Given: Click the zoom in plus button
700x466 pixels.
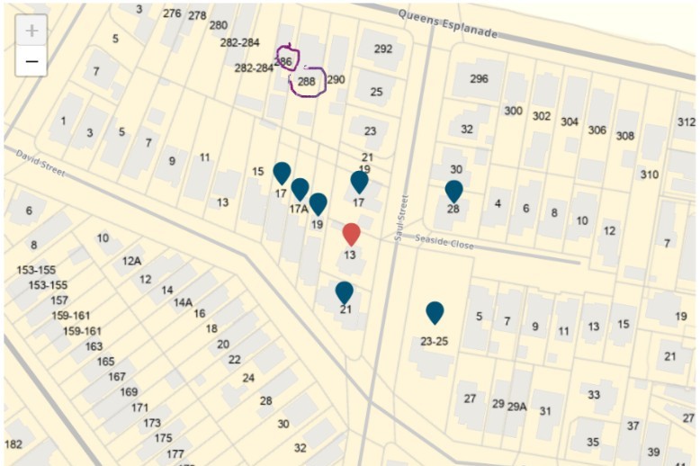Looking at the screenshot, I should pyautogui.click(x=31, y=31).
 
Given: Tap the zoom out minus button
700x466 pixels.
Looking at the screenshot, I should pyautogui.click(x=31, y=61).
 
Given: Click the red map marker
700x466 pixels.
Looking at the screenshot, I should pyautogui.click(x=352, y=234).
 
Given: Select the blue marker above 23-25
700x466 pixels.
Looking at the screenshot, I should pyautogui.click(x=435, y=312).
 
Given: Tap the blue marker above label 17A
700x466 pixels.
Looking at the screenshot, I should pyautogui.click(x=300, y=189).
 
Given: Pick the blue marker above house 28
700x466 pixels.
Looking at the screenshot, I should pyautogui.click(x=453, y=191).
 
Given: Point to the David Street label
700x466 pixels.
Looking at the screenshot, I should pyautogui.click(x=40, y=163).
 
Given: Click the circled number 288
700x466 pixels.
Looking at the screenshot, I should pyautogui.click(x=307, y=82).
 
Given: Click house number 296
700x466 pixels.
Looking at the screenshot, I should pyautogui.click(x=479, y=78).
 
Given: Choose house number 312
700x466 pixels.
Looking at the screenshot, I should pyautogui.click(x=687, y=121).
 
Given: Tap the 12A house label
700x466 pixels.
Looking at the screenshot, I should pyautogui.click(x=131, y=261).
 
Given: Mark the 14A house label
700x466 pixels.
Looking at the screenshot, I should pyautogui.click(x=183, y=302).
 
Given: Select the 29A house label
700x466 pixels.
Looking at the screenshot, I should pyautogui.click(x=516, y=407).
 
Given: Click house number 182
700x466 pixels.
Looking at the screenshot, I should pyautogui.click(x=13, y=444).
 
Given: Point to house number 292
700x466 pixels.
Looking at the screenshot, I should pyautogui.click(x=383, y=49).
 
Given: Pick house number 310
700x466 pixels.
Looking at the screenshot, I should pyautogui.click(x=649, y=175).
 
